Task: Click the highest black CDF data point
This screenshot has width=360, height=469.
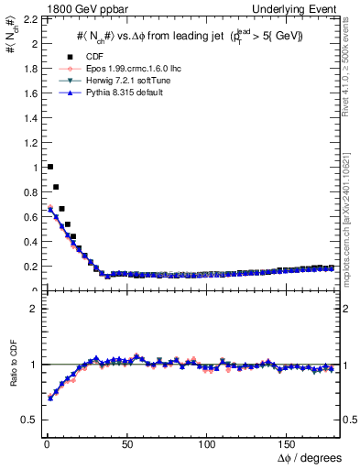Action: tap(49, 167)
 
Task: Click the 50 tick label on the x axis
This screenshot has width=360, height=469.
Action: tap(125, 445)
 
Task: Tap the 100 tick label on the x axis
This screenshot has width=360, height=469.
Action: tap(207, 445)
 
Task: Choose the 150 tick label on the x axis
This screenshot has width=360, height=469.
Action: tap(288, 445)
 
